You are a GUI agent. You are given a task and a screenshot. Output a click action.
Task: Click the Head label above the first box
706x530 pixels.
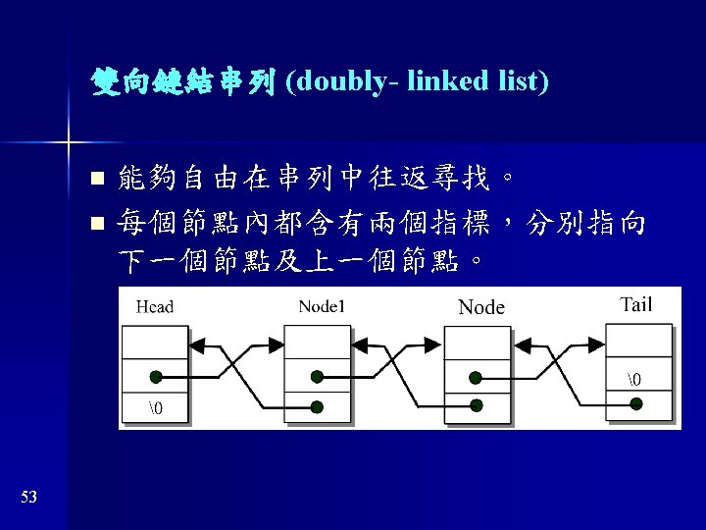[x=155, y=306]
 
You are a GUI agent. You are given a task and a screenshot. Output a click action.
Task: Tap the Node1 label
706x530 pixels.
[x=322, y=305]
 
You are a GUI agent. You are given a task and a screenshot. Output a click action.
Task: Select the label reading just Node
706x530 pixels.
[x=481, y=307]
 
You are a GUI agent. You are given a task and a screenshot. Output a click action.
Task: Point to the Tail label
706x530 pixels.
[x=636, y=304]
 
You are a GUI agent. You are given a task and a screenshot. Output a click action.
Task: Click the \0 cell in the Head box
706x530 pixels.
[x=155, y=407]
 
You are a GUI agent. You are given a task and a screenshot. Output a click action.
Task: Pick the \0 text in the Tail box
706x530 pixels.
[x=636, y=377]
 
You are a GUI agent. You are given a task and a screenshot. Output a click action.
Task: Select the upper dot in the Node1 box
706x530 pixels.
[x=316, y=377]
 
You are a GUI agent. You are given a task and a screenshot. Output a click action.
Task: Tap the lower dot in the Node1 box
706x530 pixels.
[x=316, y=405]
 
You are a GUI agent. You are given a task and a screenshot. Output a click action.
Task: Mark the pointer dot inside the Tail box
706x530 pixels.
[x=636, y=403]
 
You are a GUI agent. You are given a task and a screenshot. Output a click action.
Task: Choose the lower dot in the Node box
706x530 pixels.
[x=476, y=405]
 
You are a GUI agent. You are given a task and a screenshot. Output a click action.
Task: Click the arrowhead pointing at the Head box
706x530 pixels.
[x=196, y=344]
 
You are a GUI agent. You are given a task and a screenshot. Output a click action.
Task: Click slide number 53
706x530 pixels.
[x=28, y=498]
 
